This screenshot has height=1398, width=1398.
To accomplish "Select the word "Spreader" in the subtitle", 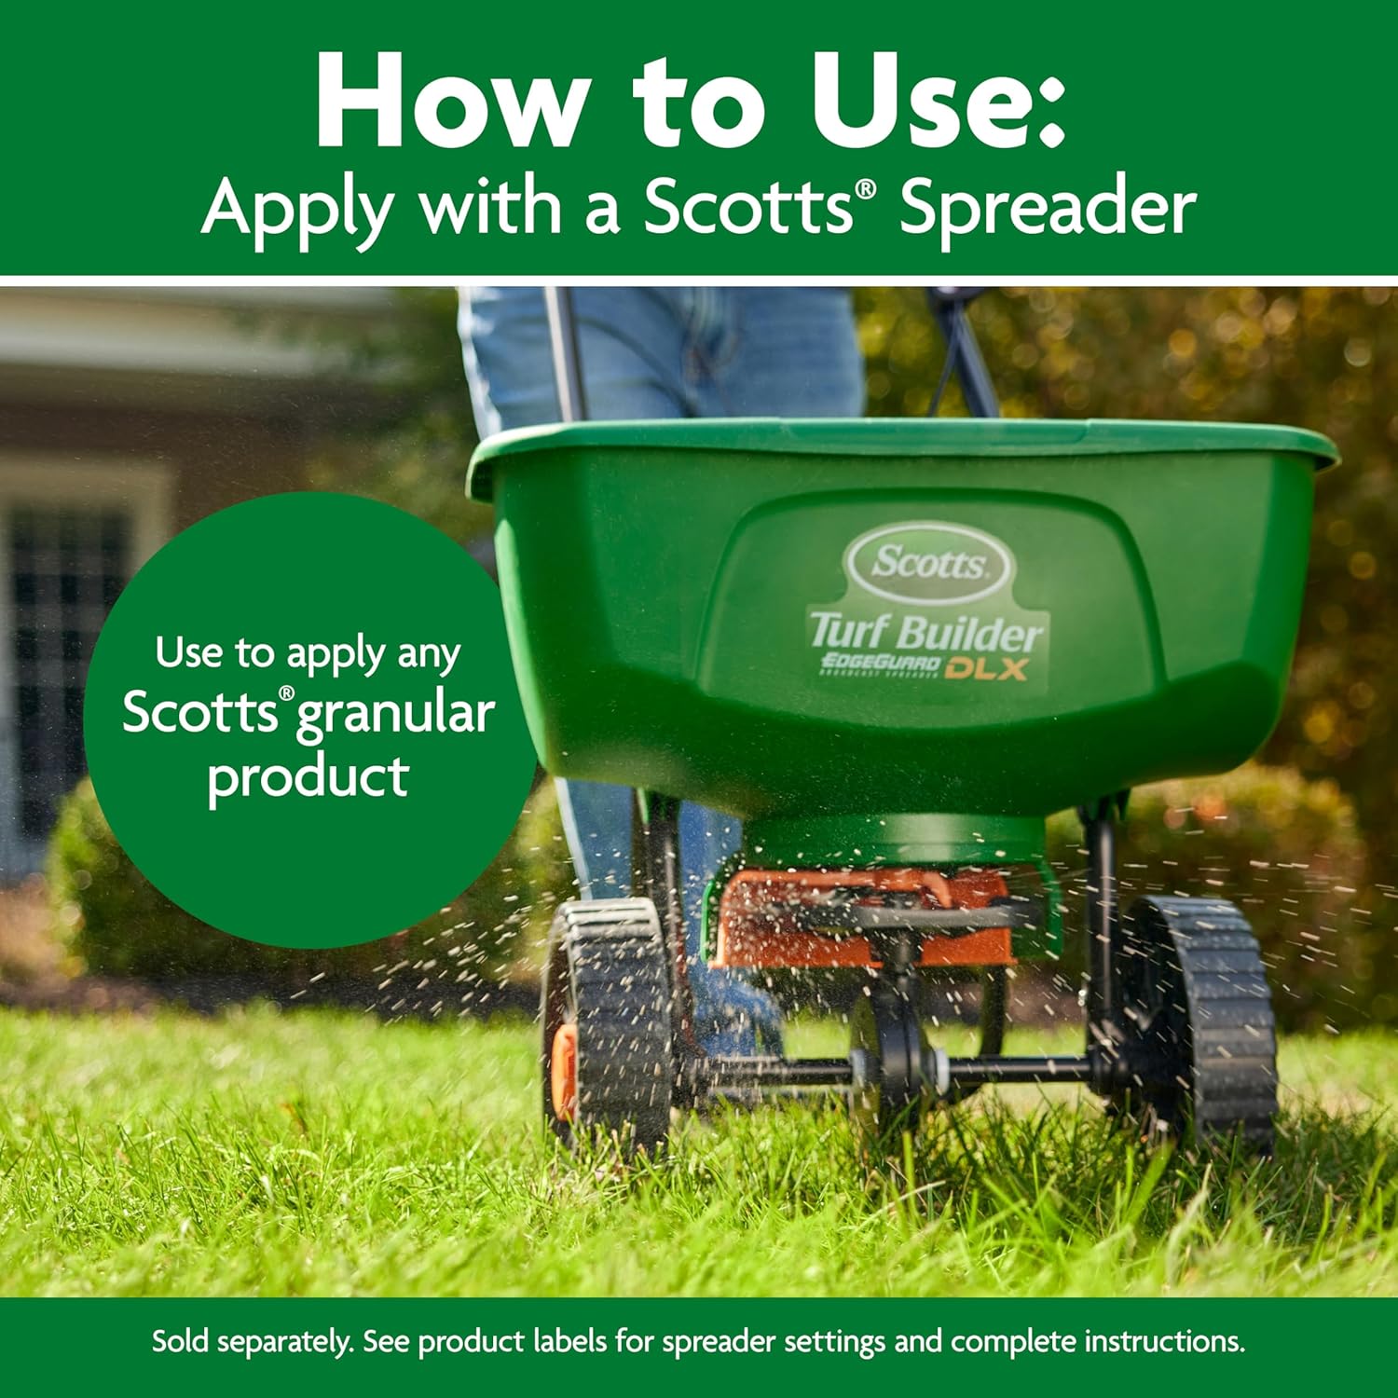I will (1048, 207).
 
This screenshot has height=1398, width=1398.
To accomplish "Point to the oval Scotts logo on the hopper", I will (928, 563).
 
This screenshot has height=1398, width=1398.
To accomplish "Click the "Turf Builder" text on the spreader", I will (925, 632).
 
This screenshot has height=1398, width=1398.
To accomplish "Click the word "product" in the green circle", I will (308, 776).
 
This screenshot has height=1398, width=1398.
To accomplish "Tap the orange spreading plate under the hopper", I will (857, 923).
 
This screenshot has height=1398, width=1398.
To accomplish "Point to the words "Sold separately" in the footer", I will (253, 1342).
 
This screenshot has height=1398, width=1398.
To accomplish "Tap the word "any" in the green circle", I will (428, 654).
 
